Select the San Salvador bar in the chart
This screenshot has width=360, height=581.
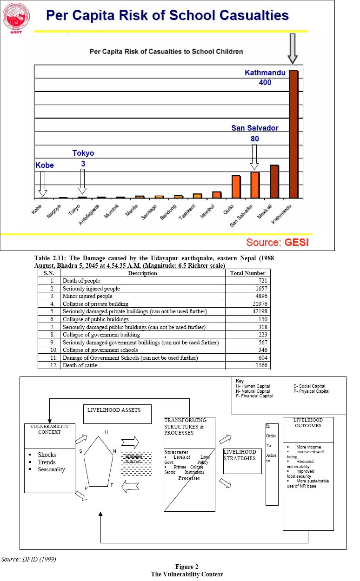[x=255, y=185]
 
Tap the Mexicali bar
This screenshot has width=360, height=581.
[x=274, y=181]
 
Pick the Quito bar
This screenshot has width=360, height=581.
[x=236, y=187]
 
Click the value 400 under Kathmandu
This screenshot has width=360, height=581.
[x=265, y=83]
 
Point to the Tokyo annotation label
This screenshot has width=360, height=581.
[x=83, y=153]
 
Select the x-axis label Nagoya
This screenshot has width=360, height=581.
[x=54, y=212]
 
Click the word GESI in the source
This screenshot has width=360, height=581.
[x=297, y=242]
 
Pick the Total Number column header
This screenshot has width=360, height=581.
[x=248, y=273]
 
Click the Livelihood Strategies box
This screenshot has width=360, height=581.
[x=242, y=461]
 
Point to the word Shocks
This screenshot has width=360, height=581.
[x=47, y=455]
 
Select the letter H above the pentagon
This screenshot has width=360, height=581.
[x=106, y=432]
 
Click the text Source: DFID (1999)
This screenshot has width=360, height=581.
[x=29, y=559]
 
